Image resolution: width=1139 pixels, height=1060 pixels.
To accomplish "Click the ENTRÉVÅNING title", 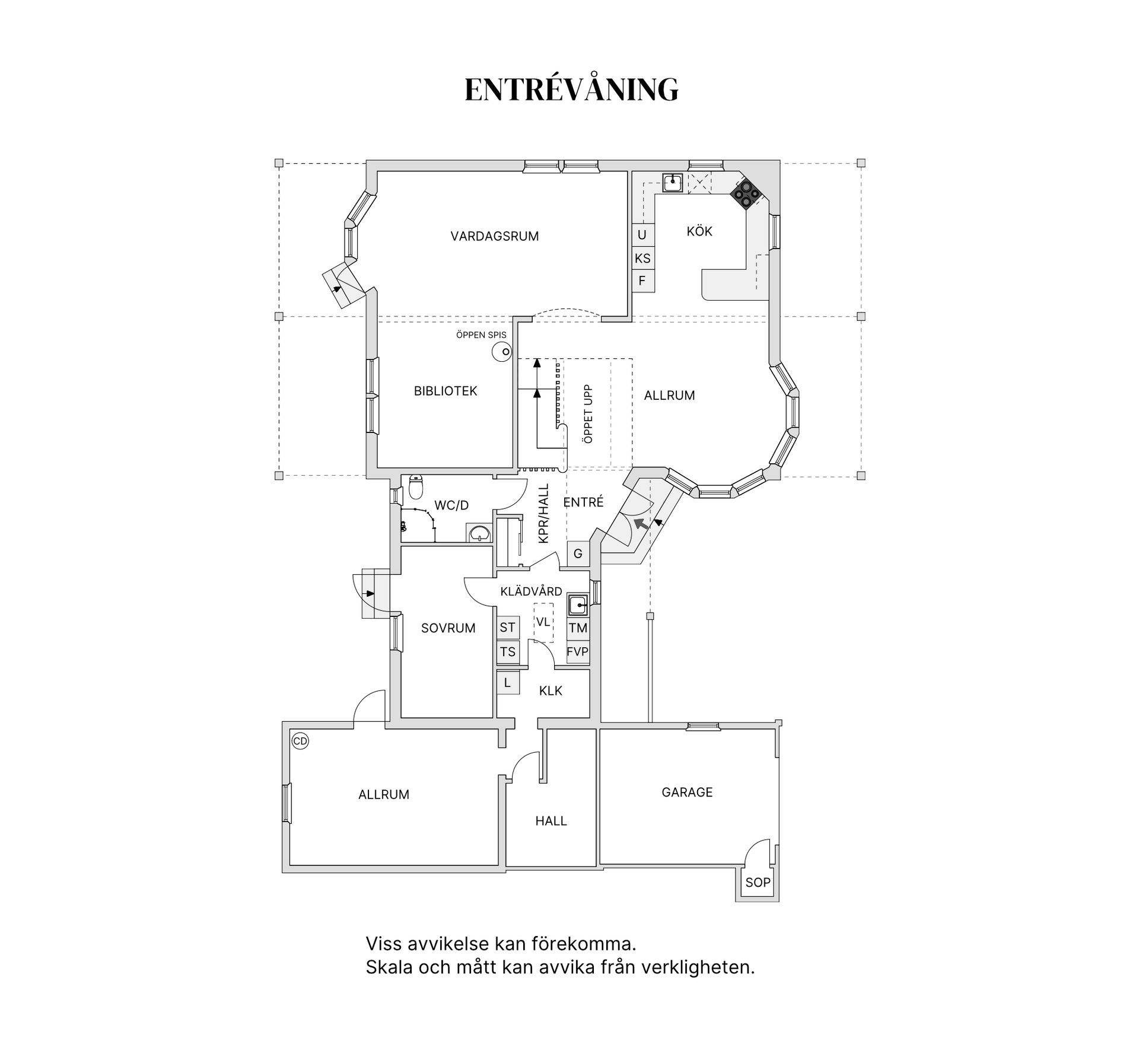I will coord(571,90).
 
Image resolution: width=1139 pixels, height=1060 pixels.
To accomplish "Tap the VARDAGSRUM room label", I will coord(494,236).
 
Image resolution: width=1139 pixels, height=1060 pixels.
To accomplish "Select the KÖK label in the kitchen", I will coord(699,231).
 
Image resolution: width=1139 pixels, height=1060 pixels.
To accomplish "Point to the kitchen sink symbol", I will coord(673,182).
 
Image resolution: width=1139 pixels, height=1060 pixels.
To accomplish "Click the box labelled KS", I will coord(642,258).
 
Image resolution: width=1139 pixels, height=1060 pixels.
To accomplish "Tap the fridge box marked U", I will coord(642,235).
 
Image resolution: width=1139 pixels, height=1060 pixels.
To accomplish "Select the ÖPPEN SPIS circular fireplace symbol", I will coord(502,352).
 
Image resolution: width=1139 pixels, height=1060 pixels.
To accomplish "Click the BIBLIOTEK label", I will coord(445,391).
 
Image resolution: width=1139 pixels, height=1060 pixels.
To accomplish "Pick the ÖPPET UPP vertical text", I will coord(588,413).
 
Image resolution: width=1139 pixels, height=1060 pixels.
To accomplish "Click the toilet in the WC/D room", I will coord(416,488).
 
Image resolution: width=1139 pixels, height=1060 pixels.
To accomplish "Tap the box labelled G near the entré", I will coord(578,554).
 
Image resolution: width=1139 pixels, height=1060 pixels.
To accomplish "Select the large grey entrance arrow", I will coord(640,523).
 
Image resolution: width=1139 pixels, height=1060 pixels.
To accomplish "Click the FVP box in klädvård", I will coord(577,652).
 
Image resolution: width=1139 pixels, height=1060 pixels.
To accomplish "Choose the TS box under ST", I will coord(507,652).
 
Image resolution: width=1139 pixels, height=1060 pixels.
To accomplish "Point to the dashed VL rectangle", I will coord(543,622).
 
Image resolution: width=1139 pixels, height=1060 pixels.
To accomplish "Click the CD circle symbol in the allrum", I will coord(300,741).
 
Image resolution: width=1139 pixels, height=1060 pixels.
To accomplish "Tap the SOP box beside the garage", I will coord(758,882).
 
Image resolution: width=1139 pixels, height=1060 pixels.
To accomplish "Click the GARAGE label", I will coord(686,792).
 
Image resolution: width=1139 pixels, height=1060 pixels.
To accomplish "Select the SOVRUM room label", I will coord(448,628).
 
